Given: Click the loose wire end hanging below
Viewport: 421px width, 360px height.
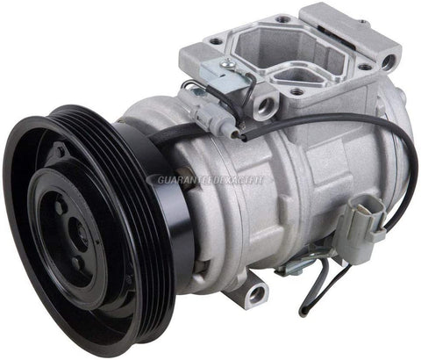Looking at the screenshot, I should [x=303, y=310].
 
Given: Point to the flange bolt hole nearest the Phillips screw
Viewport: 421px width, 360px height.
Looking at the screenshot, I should [x=211, y=40].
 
